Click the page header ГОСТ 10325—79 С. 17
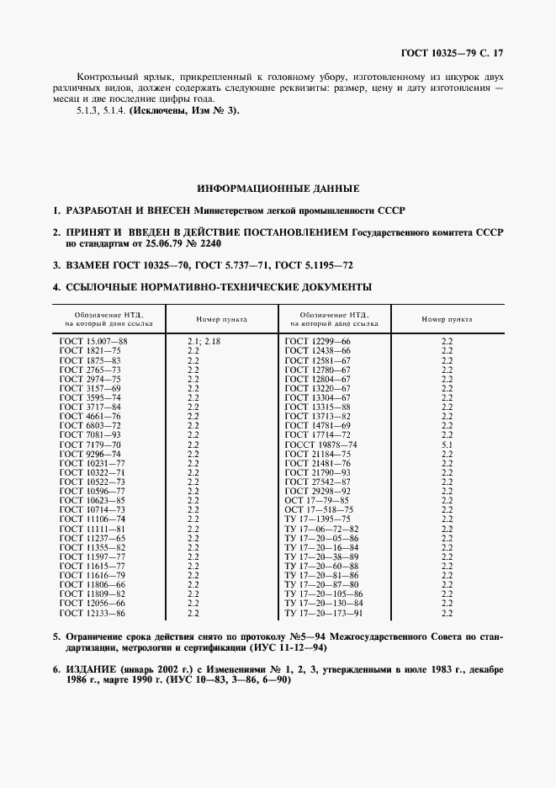tap(457, 53)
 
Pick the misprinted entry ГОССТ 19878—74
tap(320, 444)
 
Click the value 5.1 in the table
tap(447, 444)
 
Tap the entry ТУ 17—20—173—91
tap(324, 612)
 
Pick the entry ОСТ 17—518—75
tap(320, 509)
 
